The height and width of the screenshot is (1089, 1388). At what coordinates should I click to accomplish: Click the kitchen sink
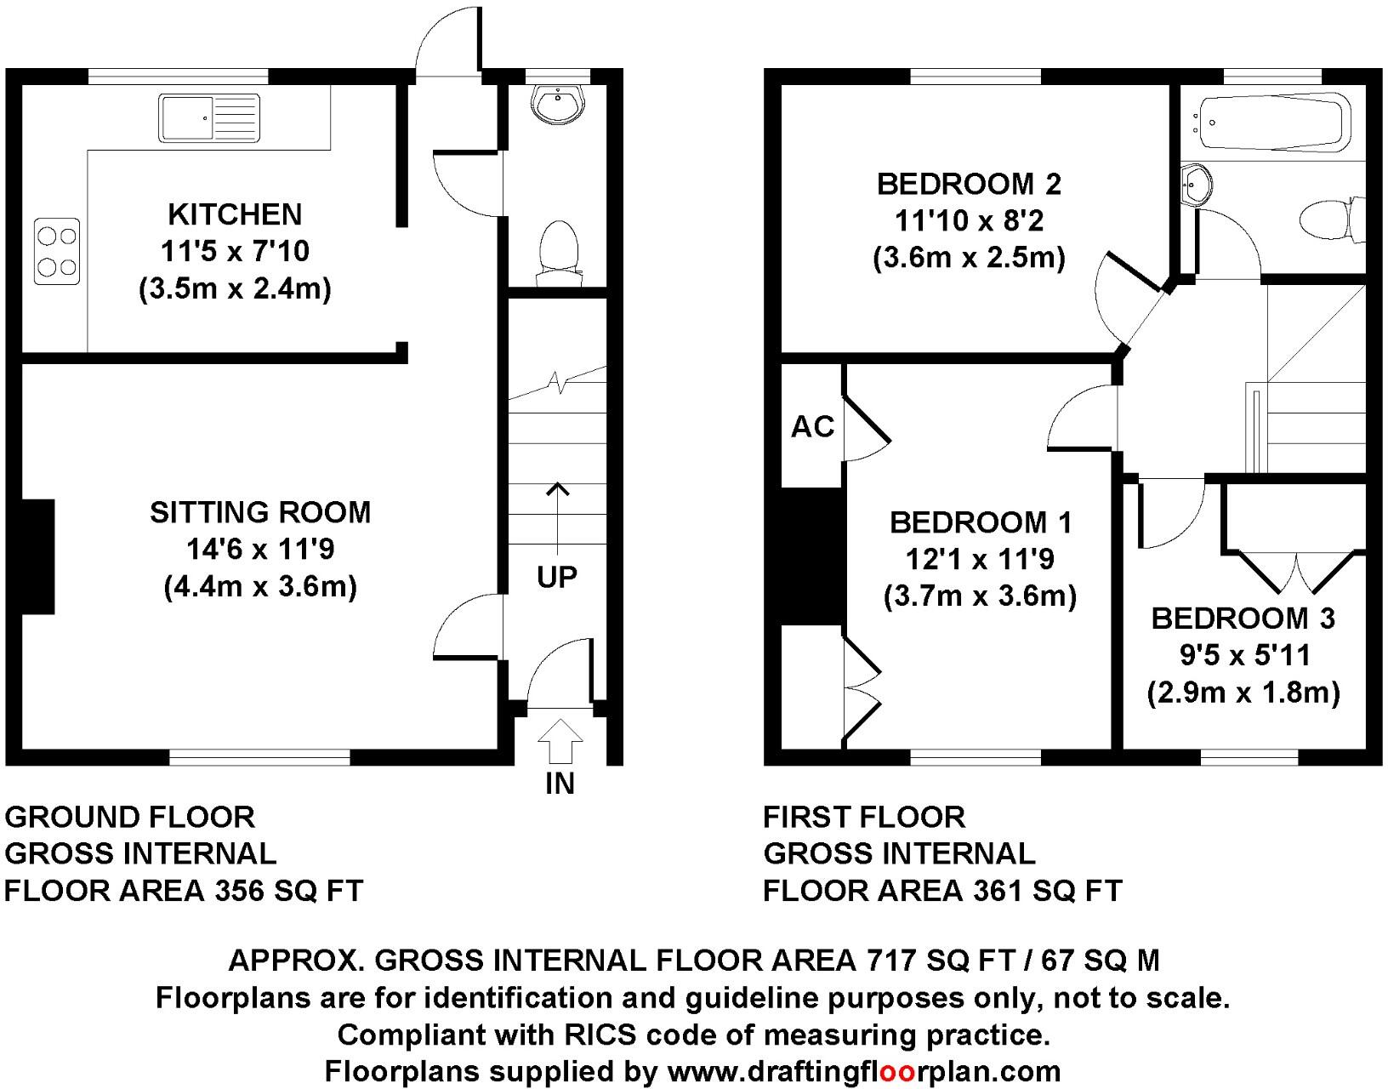(209, 118)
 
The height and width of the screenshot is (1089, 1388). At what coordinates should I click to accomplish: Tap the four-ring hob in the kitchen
(58, 251)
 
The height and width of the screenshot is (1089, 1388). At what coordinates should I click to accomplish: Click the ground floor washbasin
(558, 105)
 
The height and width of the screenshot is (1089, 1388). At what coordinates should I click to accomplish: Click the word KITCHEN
(235, 214)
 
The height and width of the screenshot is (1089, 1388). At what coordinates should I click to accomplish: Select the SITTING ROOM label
(260, 512)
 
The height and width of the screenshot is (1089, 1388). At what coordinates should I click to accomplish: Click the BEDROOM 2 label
(969, 185)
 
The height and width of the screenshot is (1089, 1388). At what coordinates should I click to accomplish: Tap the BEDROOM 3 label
(1243, 619)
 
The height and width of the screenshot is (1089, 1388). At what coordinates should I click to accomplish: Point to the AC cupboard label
(812, 426)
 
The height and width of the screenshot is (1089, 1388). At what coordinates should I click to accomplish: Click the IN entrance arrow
(560, 741)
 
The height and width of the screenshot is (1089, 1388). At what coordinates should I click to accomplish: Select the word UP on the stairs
(557, 578)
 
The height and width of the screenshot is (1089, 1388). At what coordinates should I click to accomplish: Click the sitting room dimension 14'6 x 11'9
(260, 550)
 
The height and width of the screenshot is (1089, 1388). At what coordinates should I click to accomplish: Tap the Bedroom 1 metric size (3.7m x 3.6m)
(980, 596)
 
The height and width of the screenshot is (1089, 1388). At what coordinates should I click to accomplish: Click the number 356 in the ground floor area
(239, 891)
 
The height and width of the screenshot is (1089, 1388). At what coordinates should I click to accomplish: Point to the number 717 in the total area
(891, 960)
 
